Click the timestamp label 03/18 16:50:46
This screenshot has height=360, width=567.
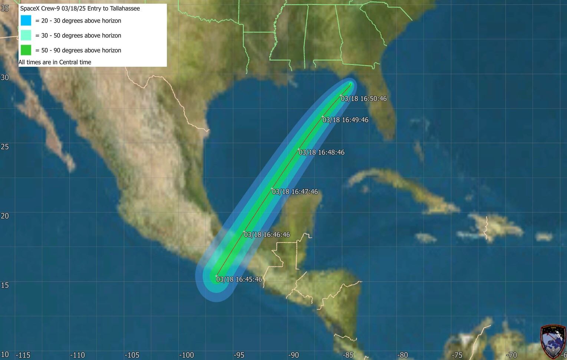pos(364,99)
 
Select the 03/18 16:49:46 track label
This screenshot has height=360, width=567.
pos(345,120)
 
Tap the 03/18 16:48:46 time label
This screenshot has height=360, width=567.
pos(322,152)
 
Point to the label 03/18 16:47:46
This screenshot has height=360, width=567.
pos(295,192)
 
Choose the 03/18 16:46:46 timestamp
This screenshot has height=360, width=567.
pos(267,235)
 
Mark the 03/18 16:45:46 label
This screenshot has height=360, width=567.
pos(239,279)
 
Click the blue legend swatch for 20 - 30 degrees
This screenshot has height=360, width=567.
pos(26,20)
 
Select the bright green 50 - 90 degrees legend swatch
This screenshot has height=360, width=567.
pos(26,50)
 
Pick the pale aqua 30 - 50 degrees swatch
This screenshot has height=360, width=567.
pos(26,35)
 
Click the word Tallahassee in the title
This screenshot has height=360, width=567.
pos(125,8)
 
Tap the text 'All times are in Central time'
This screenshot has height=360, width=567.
pos(55,62)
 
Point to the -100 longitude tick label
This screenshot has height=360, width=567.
pos(186,355)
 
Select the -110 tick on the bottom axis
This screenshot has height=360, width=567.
pos(78,355)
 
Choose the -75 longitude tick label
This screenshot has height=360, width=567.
pos(457,355)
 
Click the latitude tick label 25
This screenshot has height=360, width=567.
pos(5,146)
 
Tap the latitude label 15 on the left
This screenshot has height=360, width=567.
pos(5,285)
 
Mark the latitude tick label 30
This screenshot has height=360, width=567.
pos(5,77)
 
